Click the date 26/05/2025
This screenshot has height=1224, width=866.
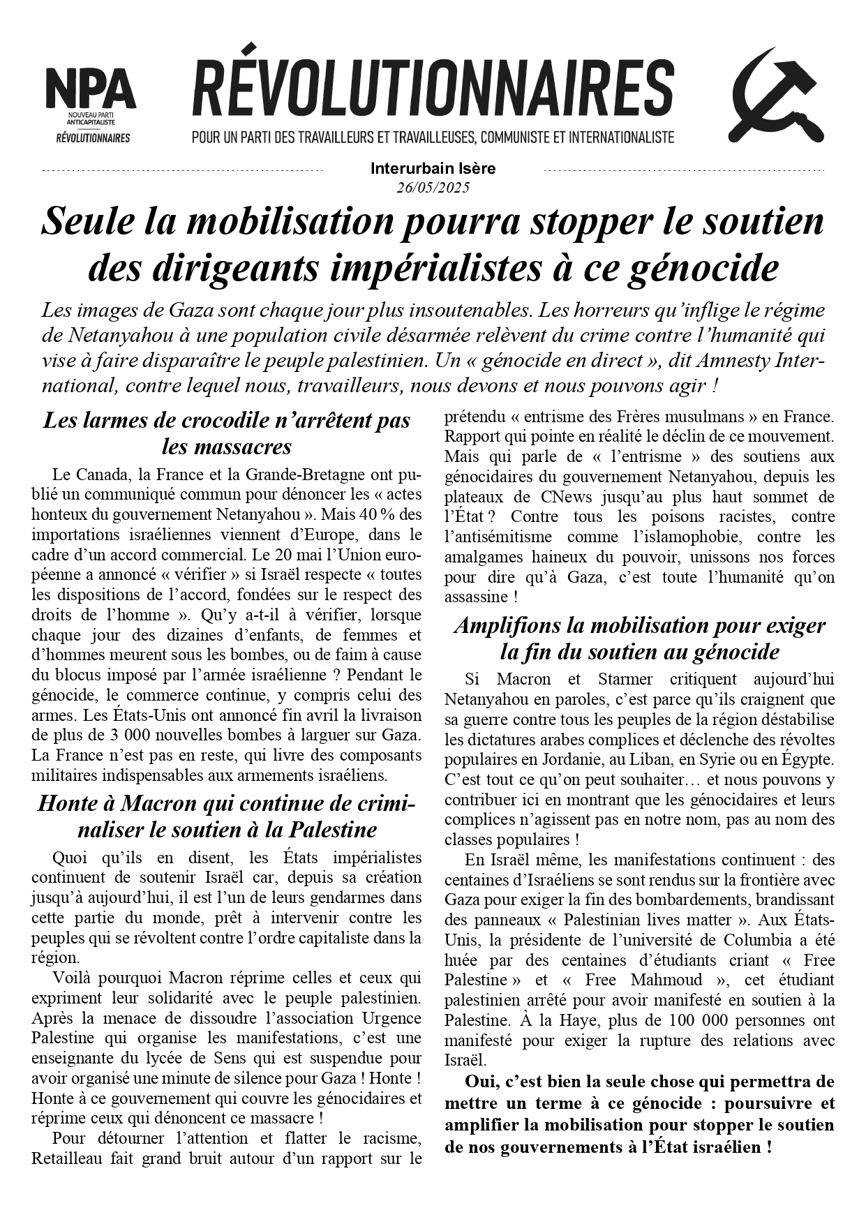tap(433, 188)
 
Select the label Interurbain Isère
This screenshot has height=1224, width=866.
tap(433, 168)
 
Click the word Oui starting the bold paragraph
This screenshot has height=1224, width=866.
tap(479, 1082)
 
